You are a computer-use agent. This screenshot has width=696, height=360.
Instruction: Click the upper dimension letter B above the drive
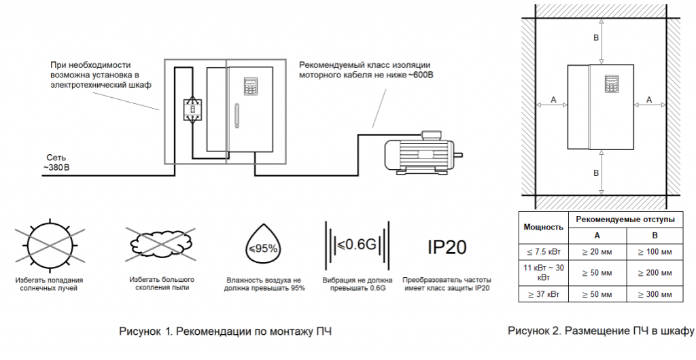(596, 39)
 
